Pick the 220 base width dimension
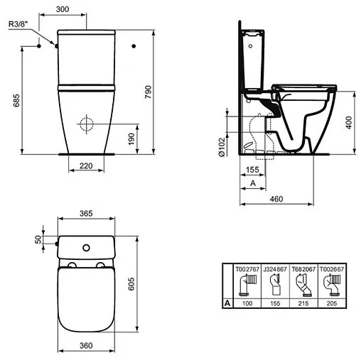coord(86,165)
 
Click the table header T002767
coord(249,269)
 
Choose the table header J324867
coord(276,269)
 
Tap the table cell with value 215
coord(304,302)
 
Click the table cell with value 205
coord(332,302)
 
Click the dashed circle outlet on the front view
coord(85,125)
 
